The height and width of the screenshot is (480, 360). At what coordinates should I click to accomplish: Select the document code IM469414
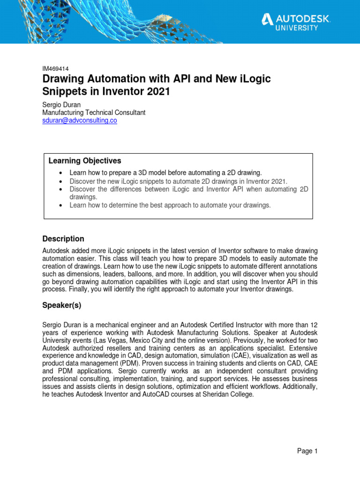pos(56,68)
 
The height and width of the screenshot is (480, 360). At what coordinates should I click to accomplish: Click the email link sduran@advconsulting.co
pos(79,120)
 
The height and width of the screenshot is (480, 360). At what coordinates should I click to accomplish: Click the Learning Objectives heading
pos(85,161)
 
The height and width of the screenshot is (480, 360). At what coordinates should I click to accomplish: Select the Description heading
pos(63,239)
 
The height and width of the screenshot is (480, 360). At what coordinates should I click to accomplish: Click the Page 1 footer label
pos(307,451)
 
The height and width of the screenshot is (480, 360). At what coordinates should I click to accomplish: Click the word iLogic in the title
pos(254,79)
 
